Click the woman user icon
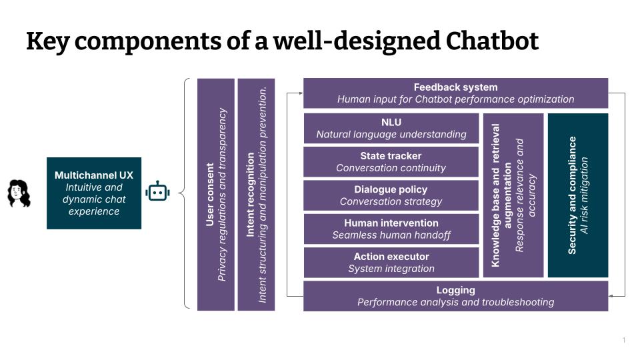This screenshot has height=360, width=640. point(19,193)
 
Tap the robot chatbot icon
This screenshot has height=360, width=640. point(157,192)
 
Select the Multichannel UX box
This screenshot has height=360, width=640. point(94,193)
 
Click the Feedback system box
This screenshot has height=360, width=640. point(455,93)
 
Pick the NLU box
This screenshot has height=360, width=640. point(391,128)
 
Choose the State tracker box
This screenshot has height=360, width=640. point(391,162)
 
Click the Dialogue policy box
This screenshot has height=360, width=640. point(391,195)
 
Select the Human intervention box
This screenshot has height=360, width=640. point(391,229)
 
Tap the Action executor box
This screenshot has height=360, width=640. point(391,263)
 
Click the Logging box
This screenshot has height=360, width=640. point(455,296)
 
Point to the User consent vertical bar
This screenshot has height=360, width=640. point(216,194)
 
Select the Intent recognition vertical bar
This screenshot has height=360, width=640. point(256,194)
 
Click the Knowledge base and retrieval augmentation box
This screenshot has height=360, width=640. point(513,195)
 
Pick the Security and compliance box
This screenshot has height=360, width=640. point(578,195)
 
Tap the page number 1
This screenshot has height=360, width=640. point(624,341)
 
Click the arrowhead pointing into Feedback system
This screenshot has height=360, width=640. point(299,93)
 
